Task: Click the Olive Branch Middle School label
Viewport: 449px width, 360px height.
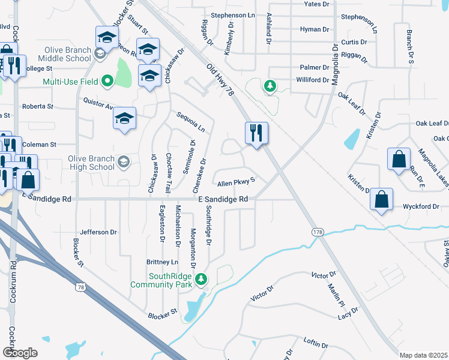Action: click(64, 54)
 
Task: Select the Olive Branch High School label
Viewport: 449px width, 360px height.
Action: click(91, 163)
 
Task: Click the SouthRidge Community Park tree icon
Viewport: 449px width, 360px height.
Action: click(202, 278)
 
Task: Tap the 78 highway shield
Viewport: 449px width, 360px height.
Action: click(80, 287)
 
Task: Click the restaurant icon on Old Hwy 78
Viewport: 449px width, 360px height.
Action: click(257, 133)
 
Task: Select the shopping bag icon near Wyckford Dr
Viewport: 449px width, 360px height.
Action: click(382, 200)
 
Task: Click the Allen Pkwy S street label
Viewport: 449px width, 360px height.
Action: click(237, 182)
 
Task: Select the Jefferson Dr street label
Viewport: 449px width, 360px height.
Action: click(98, 232)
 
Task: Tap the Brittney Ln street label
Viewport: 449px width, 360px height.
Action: click(163, 262)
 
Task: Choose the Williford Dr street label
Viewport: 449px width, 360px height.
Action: click(313, 80)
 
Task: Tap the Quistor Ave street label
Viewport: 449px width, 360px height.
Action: click(98, 104)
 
